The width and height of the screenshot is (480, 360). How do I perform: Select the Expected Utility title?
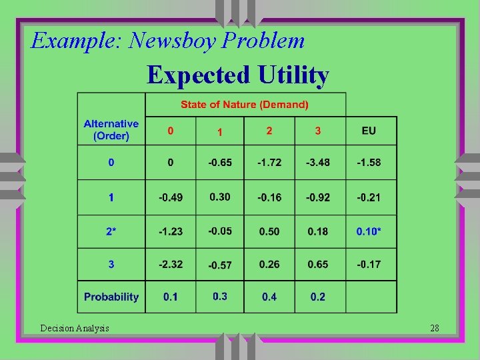238,75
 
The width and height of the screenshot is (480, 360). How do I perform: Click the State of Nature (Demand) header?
245,105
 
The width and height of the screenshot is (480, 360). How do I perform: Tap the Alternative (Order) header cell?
111,130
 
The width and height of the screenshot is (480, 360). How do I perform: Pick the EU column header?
369,131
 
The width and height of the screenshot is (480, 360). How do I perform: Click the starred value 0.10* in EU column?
369,231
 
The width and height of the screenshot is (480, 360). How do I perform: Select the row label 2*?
111,231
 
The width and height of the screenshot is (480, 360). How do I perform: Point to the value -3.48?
317,163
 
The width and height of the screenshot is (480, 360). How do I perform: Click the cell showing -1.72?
269,163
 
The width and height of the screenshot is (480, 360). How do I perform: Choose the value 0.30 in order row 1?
219,197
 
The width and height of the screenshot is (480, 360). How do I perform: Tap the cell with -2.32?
170,264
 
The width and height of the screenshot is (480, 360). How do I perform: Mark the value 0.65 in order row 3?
317,264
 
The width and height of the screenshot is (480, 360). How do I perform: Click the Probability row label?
111,297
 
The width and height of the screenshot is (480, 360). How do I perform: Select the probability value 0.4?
269,297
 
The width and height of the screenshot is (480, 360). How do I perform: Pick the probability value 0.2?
317,297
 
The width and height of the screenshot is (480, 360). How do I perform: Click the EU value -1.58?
369,163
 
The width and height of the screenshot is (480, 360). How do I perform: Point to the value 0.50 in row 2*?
269,231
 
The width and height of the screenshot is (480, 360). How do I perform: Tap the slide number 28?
435,328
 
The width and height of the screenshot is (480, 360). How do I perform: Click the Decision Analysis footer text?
75,328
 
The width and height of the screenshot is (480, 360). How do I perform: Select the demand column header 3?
317,131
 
